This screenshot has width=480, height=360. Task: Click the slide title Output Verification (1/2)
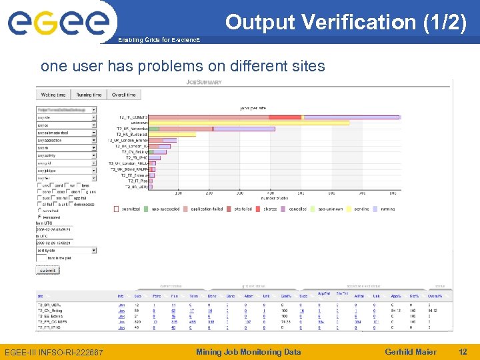pyautogui.click(x=345, y=22)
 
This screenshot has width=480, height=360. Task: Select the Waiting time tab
pyautogui.click(x=53, y=95)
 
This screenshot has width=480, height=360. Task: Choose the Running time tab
pyautogui.click(x=89, y=95)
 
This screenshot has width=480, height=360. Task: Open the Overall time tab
pyautogui.click(x=123, y=95)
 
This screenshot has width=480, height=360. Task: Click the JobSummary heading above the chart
pyautogui.click(x=203, y=82)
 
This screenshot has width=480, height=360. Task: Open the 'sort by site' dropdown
pyautogui.click(x=67, y=250)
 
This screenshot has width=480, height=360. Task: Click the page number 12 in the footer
pyautogui.click(x=463, y=352)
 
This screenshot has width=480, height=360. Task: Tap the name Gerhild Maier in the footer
pyautogui.click(x=411, y=352)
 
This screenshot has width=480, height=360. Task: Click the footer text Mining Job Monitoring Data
pyautogui.click(x=248, y=352)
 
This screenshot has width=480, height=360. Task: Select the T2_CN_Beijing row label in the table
pyautogui.click(x=50, y=311)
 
